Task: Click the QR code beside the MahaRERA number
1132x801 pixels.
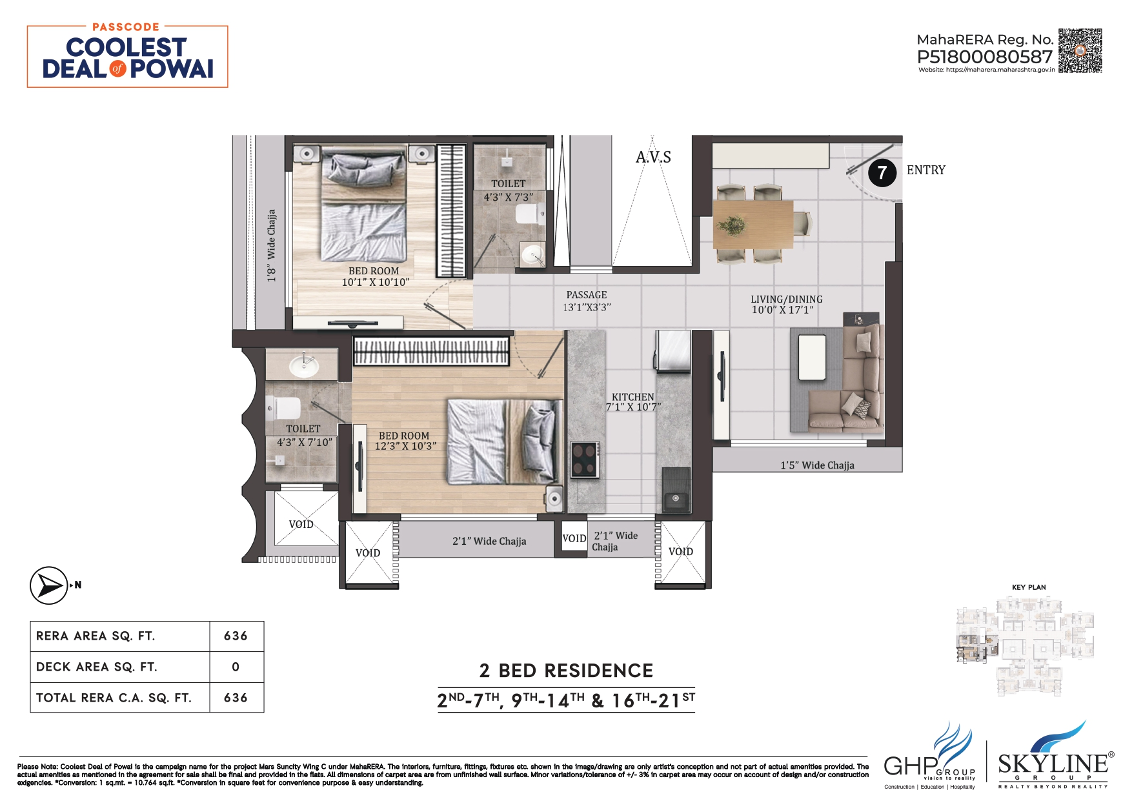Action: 1080,50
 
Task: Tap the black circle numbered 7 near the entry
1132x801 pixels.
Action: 882,172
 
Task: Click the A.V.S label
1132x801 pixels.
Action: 653,157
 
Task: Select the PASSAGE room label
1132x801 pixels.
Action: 586,295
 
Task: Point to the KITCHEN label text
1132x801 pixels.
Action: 632,397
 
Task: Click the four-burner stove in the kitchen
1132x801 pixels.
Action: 585,459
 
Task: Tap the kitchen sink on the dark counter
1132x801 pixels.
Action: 675,498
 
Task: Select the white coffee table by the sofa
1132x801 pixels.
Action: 812,357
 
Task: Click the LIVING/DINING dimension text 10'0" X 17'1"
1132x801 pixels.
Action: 782,310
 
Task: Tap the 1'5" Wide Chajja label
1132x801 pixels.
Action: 817,465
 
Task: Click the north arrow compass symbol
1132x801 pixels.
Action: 49,585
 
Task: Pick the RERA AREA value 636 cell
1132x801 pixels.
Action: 236,636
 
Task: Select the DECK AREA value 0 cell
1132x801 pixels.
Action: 236,667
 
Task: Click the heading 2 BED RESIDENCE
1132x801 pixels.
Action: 566,671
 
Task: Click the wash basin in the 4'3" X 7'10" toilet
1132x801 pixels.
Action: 303,366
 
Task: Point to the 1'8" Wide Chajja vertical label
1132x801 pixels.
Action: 271,245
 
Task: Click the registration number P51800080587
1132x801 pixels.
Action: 984,57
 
